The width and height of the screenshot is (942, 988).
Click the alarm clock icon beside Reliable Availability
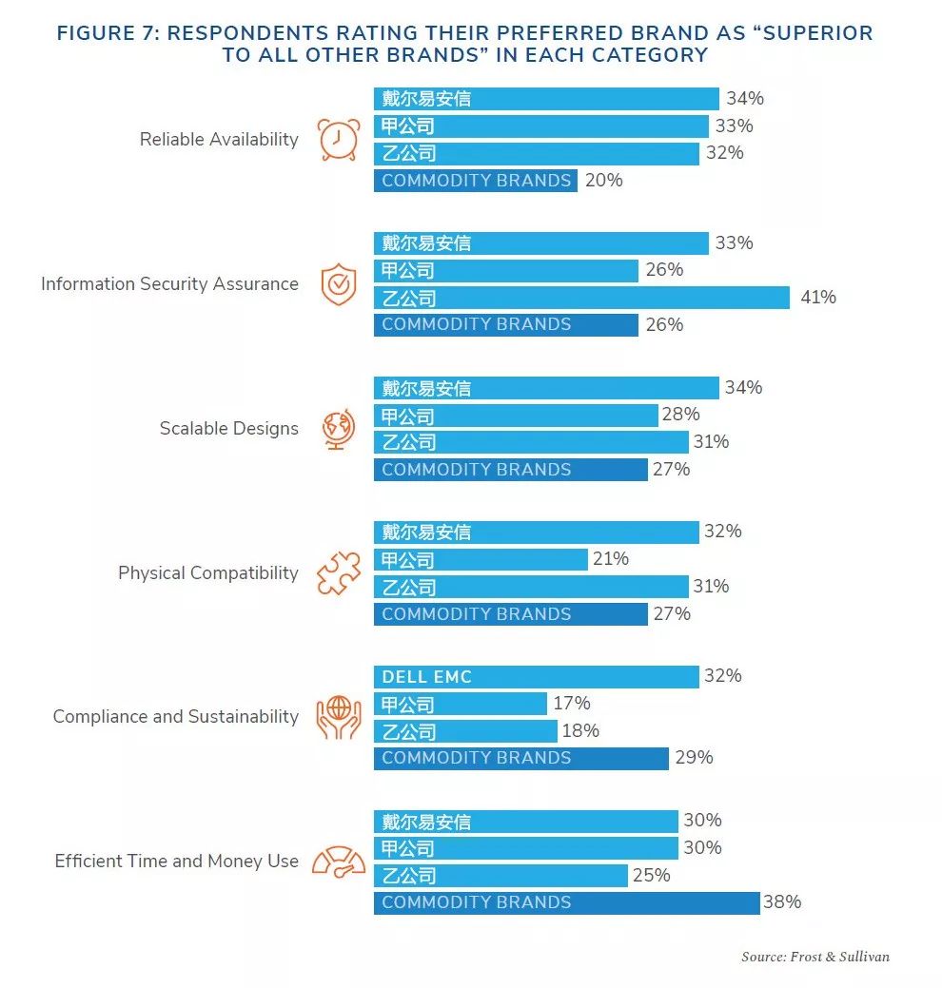pyautogui.click(x=338, y=139)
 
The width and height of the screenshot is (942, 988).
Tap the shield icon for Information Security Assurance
pyautogui.click(x=338, y=284)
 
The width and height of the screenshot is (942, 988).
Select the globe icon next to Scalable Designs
pyautogui.click(x=338, y=429)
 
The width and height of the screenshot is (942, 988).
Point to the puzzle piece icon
pyautogui.click(x=338, y=573)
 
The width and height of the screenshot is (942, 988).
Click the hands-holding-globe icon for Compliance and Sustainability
pyautogui.click(x=338, y=717)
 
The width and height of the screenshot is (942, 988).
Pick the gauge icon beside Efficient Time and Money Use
pyautogui.click(x=338, y=862)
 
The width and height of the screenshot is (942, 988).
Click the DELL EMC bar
pyautogui.click(x=536, y=677)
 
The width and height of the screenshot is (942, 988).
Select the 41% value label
pyautogui.click(x=818, y=298)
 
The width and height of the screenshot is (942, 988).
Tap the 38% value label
pyautogui.click(x=782, y=902)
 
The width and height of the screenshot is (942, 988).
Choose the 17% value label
pyautogui.click(x=571, y=704)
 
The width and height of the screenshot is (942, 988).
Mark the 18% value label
pyautogui.click(x=580, y=731)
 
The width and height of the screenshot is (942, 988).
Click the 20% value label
pyautogui.click(x=603, y=180)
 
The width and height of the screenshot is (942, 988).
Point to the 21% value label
pyautogui.click(x=610, y=559)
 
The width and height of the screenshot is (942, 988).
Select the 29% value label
pyautogui.click(x=694, y=758)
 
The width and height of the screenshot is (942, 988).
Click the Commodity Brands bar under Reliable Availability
pyautogui.click(x=475, y=181)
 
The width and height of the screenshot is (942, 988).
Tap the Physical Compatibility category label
pyautogui.click(x=207, y=573)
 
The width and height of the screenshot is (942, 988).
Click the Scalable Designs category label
pyautogui.click(x=228, y=429)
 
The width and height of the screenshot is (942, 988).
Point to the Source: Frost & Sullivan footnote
pyautogui.click(x=815, y=957)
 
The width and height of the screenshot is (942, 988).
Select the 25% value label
pyautogui.click(x=651, y=875)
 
